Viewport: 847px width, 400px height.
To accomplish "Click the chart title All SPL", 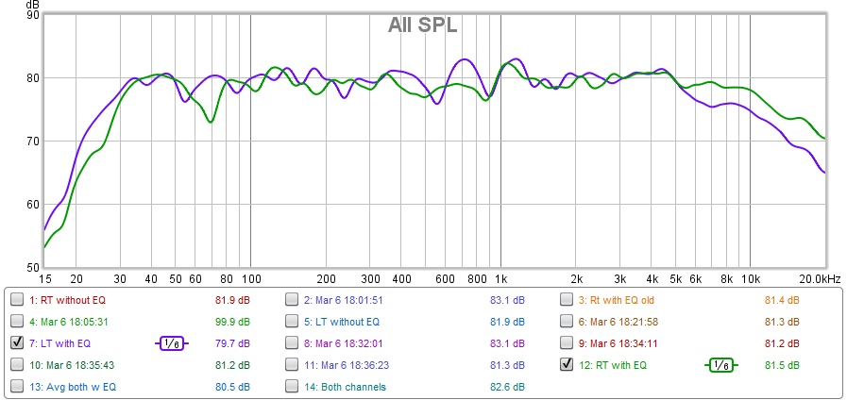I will [422, 25].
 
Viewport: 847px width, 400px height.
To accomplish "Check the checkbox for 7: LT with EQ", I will [17, 342].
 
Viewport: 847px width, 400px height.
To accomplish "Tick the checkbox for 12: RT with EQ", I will [567, 364].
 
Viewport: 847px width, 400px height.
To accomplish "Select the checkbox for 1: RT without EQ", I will [17, 300].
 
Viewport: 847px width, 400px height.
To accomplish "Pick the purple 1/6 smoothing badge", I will [171, 343].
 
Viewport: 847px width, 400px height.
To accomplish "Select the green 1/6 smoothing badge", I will [721, 364].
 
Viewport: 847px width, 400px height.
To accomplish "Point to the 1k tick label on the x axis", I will [501, 279].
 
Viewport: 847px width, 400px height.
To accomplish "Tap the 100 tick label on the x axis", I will [250, 279].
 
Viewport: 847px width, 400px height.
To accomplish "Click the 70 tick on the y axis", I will [33, 142].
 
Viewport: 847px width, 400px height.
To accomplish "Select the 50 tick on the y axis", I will [33, 268].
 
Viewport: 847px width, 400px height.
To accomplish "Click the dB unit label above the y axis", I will [33, 5].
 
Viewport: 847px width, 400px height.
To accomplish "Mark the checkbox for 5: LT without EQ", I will [292, 322].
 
